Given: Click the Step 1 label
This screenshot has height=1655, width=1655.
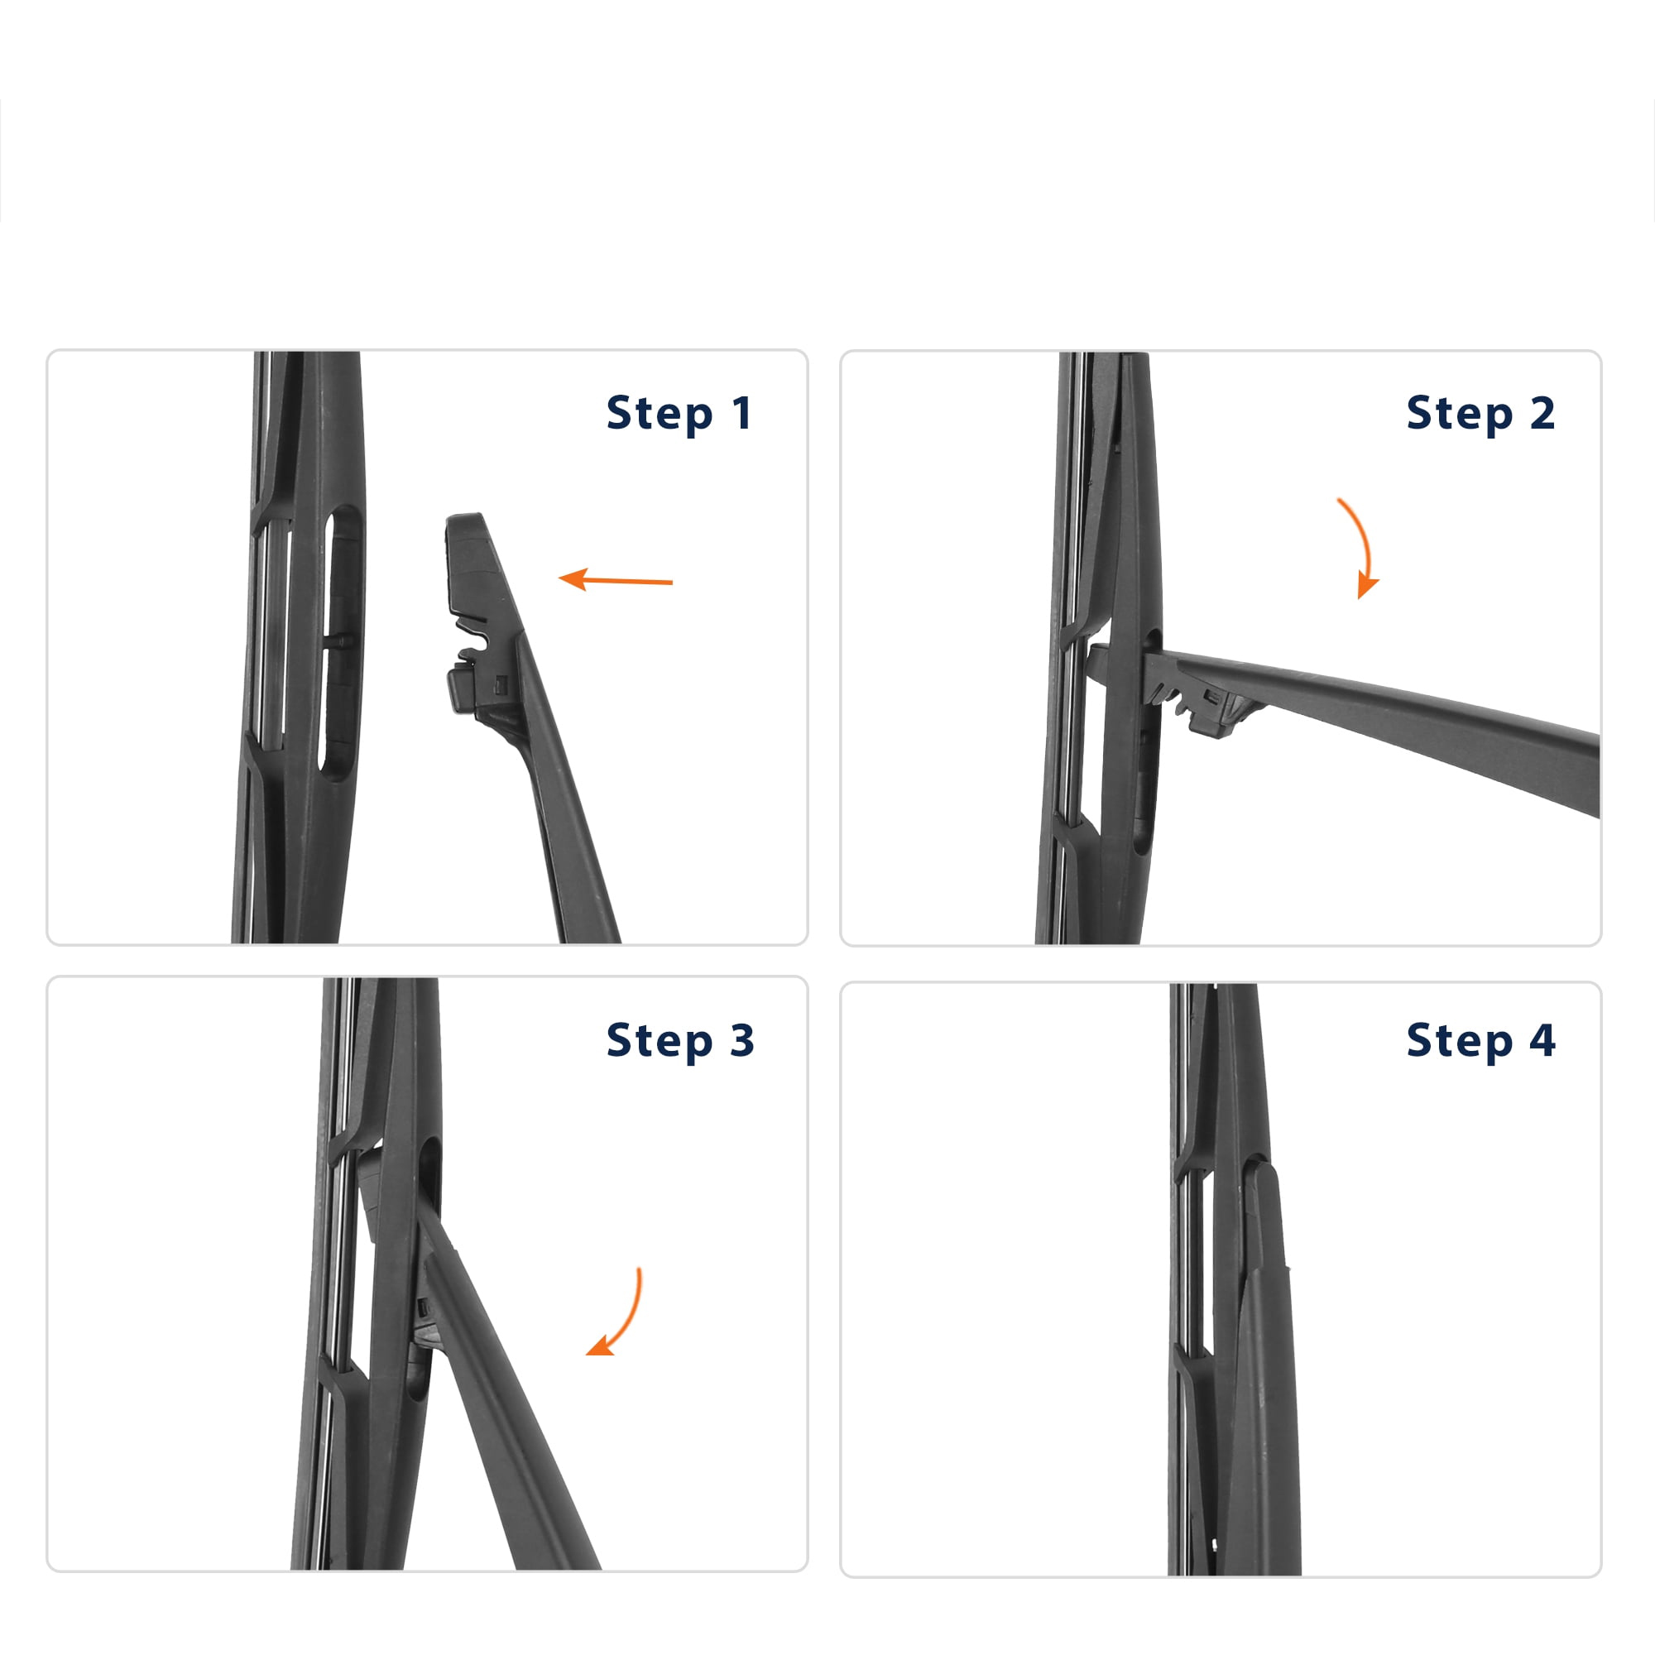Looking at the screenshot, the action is pyautogui.click(x=679, y=415).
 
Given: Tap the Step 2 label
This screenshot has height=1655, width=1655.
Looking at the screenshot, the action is pyautogui.click(x=1480, y=415).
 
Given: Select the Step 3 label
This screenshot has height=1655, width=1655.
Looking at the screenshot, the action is pyautogui.click(x=680, y=1041).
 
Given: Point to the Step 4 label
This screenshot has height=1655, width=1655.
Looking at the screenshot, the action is pyautogui.click(x=1480, y=1041).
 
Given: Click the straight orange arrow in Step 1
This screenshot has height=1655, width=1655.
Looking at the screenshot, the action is pyautogui.click(x=615, y=580).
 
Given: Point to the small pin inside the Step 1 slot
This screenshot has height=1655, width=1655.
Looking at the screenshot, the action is pyautogui.click(x=342, y=640).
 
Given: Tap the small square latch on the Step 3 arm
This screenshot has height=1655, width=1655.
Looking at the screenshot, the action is pyautogui.click(x=422, y=1308).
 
